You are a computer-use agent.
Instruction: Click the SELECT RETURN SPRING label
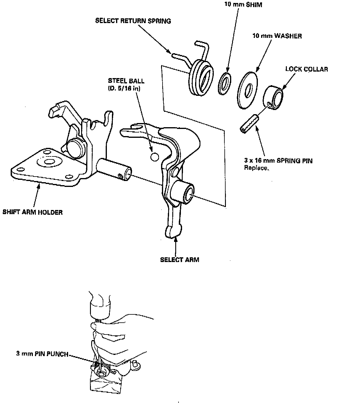[x=133, y=21]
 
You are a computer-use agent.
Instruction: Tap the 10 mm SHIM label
[x=243, y=5]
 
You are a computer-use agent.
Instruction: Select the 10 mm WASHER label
[x=277, y=36]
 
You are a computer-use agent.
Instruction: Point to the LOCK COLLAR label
[x=306, y=69]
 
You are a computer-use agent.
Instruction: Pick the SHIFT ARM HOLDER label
[x=33, y=212]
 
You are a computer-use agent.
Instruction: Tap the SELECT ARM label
[x=179, y=260]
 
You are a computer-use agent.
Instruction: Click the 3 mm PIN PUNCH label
[x=42, y=354]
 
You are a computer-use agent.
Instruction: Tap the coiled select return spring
[x=201, y=77]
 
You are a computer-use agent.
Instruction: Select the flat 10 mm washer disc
[x=248, y=90]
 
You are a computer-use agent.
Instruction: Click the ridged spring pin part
[x=249, y=124]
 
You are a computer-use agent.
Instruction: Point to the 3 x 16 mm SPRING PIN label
[x=278, y=161]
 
